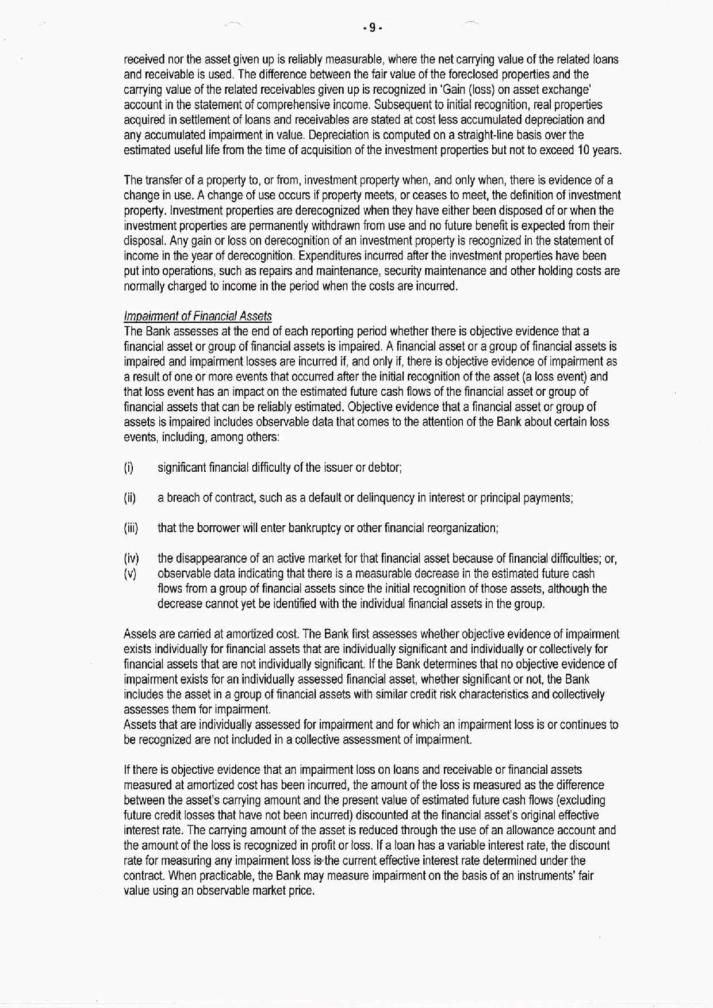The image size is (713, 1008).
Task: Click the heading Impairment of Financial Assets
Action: pyautogui.click(x=198, y=316)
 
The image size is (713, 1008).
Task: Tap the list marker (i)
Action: pyautogui.click(x=129, y=468)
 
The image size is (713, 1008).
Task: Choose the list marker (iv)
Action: pyautogui.click(x=131, y=559)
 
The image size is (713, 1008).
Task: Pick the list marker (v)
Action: pyautogui.click(x=130, y=574)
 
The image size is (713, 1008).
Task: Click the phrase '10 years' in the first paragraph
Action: pyautogui.click(x=601, y=150)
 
